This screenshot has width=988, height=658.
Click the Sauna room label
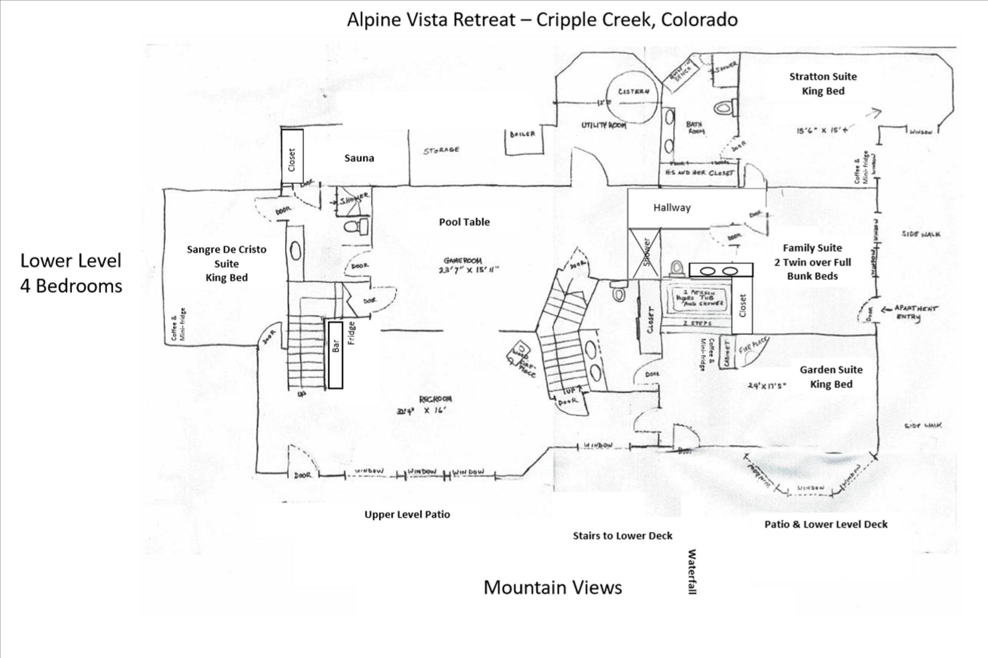click(359, 158)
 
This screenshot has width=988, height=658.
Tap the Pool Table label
click(464, 222)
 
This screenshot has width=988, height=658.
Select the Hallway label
click(672, 208)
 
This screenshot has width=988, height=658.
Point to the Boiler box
click(523, 140)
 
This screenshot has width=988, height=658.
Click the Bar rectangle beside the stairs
click(336, 355)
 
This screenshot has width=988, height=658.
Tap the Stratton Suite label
click(823, 77)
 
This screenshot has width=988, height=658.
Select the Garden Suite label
click(831, 370)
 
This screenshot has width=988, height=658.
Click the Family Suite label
click(812, 248)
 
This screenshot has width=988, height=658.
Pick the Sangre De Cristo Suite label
click(226, 257)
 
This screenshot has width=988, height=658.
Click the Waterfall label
click(692, 571)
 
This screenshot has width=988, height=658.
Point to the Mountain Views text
click(553, 588)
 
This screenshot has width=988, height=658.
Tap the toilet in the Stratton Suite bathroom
click(725, 108)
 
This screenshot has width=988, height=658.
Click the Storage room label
click(441, 151)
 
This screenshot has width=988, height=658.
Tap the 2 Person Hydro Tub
click(698, 299)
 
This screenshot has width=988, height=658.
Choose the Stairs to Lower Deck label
click(622, 536)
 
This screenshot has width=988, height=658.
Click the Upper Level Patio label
click(407, 515)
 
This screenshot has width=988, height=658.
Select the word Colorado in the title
click(699, 20)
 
